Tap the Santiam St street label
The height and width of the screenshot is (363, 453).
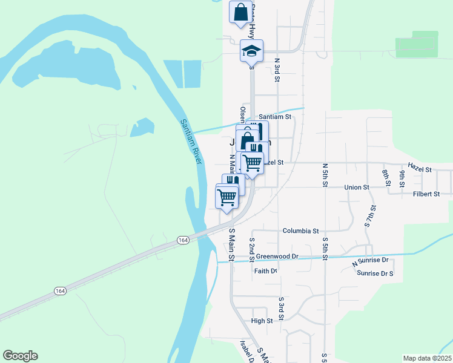(275, 117)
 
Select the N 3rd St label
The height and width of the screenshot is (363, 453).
(277, 69)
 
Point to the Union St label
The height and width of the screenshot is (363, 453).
(357, 188)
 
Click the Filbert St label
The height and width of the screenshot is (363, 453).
(426, 194)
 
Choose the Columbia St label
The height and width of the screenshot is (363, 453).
(300, 231)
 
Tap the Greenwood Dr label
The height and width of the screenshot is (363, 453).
(277, 257)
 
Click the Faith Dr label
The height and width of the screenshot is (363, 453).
(265, 271)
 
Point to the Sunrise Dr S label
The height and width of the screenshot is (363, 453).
(375, 273)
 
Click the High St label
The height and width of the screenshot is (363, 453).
(262, 321)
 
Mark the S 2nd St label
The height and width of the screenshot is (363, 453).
(252, 246)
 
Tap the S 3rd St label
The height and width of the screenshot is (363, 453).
(281, 308)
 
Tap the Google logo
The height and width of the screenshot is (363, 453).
(20, 356)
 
